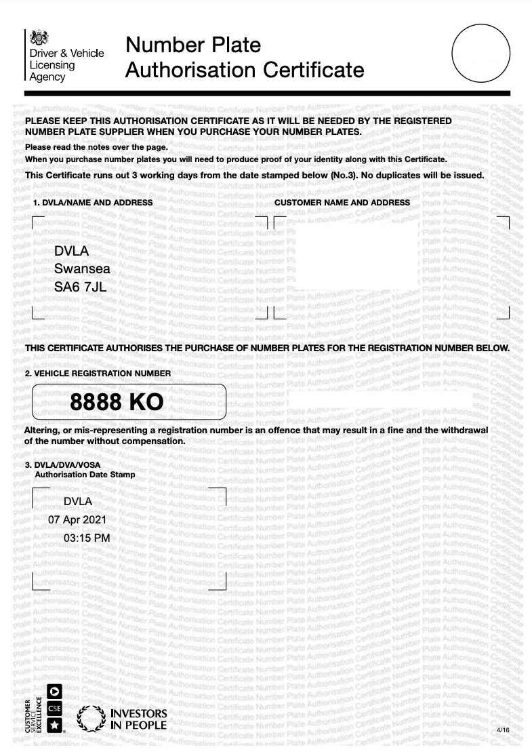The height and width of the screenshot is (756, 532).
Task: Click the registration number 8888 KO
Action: (117, 403)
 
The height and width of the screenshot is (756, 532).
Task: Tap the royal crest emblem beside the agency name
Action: (37, 37)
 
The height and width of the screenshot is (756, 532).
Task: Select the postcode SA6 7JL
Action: (80, 287)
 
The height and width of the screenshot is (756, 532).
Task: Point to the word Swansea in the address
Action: (82, 269)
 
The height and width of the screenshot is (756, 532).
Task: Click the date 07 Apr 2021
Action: (77, 520)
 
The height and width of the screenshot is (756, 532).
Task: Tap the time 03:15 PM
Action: (86, 538)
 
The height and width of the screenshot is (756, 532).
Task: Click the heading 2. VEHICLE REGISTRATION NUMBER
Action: (98, 373)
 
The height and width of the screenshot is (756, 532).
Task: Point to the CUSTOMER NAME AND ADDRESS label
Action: (342, 203)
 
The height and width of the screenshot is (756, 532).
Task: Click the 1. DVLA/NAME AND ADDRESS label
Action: (93, 203)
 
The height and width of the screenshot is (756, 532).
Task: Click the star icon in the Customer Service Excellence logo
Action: (55, 726)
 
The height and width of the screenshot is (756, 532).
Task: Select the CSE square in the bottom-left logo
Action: (55, 709)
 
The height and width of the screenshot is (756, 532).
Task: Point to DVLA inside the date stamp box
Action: (77, 502)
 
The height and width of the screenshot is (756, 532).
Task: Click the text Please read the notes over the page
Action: (96, 147)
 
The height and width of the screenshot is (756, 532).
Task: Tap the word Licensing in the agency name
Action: (52, 65)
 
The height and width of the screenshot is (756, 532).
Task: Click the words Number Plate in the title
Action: (193, 45)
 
